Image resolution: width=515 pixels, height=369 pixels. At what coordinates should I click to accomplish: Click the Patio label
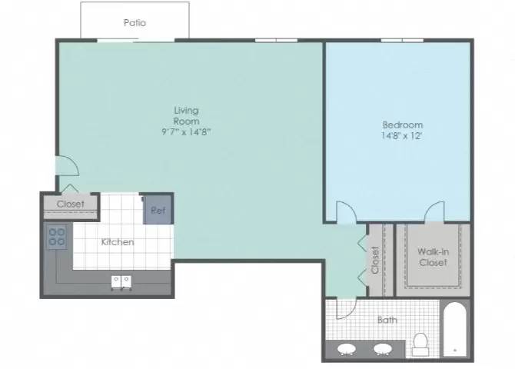[x=135, y=22]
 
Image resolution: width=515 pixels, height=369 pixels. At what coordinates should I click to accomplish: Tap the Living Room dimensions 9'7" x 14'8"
[x=186, y=131]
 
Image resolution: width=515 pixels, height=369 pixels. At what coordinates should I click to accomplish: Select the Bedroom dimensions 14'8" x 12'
[x=402, y=136]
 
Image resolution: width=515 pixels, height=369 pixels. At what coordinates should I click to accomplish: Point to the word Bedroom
[x=403, y=125]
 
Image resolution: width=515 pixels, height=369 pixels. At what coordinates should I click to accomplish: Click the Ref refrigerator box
[x=158, y=210]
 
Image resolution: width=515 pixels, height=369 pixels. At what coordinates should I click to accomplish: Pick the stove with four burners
[x=57, y=237]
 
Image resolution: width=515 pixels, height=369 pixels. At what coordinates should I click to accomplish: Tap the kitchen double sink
[x=121, y=283]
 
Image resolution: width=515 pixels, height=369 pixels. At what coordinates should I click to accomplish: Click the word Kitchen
[x=118, y=242]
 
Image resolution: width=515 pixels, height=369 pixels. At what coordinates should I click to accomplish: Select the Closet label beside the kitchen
[x=70, y=204]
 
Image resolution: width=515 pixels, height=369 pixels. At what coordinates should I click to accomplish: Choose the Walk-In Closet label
[x=434, y=257]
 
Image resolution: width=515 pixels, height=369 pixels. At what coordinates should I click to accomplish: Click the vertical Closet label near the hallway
[x=375, y=261]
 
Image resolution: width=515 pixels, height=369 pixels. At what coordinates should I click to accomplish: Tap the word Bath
[x=387, y=320]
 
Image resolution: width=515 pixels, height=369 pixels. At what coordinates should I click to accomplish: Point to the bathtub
[x=455, y=329]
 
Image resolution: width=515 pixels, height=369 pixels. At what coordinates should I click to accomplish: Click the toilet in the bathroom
[x=420, y=344]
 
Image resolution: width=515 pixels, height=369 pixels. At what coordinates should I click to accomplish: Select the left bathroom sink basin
[x=347, y=349]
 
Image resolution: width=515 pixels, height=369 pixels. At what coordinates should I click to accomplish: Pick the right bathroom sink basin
[x=383, y=349]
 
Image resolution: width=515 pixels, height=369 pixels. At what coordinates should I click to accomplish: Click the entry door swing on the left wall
[x=68, y=165]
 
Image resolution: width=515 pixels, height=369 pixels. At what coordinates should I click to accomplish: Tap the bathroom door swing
[x=347, y=309]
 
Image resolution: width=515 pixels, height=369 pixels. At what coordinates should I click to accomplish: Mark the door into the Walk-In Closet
[x=434, y=211]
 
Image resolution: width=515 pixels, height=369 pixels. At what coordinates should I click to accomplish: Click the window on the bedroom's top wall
[x=402, y=41]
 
